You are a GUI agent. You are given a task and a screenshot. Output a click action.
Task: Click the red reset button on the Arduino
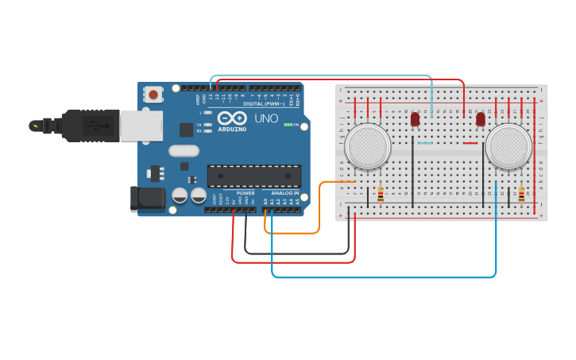click(x=153, y=95)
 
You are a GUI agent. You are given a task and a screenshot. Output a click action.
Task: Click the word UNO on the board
click(x=266, y=118)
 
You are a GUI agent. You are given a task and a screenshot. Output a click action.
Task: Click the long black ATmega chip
click(x=253, y=176)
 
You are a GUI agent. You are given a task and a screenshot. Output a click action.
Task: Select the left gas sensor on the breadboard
click(x=369, y=147)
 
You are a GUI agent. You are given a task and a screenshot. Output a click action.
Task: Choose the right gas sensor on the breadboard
click(x=508, y=147)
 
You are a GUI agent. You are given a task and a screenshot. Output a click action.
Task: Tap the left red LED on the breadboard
click(x=415, y=119)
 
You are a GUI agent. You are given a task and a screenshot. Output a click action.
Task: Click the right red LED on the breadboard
click(x=481, y=119)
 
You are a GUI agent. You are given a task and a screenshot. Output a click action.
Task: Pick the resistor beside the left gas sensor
click(x=381, y=194)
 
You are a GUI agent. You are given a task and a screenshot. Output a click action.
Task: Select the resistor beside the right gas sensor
click(x=521, y=194)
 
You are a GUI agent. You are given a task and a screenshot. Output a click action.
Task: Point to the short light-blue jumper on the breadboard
click(x=425, y=143)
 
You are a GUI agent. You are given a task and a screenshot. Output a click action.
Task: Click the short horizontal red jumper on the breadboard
click(x=470, y=143)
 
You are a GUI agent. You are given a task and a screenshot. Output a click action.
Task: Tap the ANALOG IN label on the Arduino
click(x=285, y=193)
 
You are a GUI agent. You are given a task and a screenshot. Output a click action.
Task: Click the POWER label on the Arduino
click(x=245, y=193)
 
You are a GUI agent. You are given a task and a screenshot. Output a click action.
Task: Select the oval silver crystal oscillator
click(x=184, y=150)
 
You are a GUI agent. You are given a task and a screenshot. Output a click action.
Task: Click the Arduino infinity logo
click(x=232, y=118)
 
